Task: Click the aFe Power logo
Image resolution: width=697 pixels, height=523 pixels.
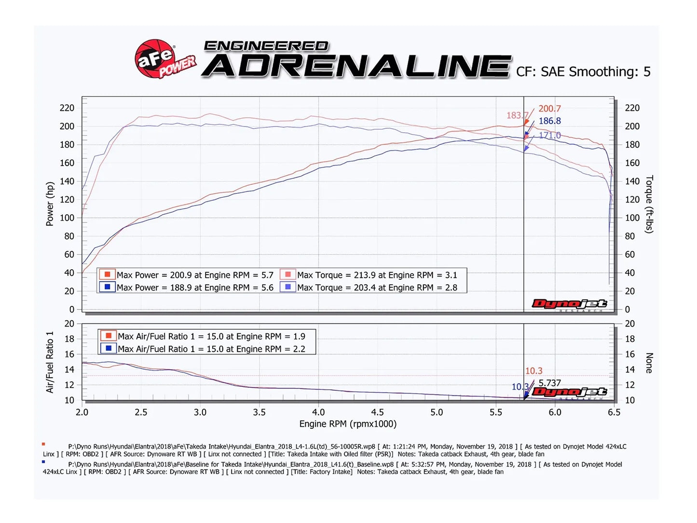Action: click(164, 59)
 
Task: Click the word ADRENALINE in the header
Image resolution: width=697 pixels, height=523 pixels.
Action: click(356, 66)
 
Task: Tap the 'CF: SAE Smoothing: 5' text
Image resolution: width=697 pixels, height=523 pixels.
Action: click(583, 72)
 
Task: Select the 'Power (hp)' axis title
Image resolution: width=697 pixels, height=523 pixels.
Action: click(50, 204)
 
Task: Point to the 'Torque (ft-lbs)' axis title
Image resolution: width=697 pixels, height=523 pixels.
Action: click(649, 204)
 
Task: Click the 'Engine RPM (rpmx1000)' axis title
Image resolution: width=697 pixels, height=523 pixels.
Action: click(348, 424)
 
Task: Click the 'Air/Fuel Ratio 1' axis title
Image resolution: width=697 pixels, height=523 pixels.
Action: click(50, 362)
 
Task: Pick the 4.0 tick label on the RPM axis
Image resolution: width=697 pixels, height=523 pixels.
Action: click(318, 413)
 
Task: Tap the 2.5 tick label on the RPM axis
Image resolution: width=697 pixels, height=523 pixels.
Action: click(141, 413)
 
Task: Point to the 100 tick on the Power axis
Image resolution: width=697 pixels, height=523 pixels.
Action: click(67, 218)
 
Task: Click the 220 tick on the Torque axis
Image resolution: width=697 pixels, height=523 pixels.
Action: click(632, 108)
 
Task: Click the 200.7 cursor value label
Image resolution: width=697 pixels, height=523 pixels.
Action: click(549, 109)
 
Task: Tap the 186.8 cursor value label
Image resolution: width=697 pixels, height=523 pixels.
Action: click(549, 121)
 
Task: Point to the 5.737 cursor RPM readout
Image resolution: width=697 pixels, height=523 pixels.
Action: click(549, 383)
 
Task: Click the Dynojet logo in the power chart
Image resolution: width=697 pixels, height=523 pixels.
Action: click(569, 304)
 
